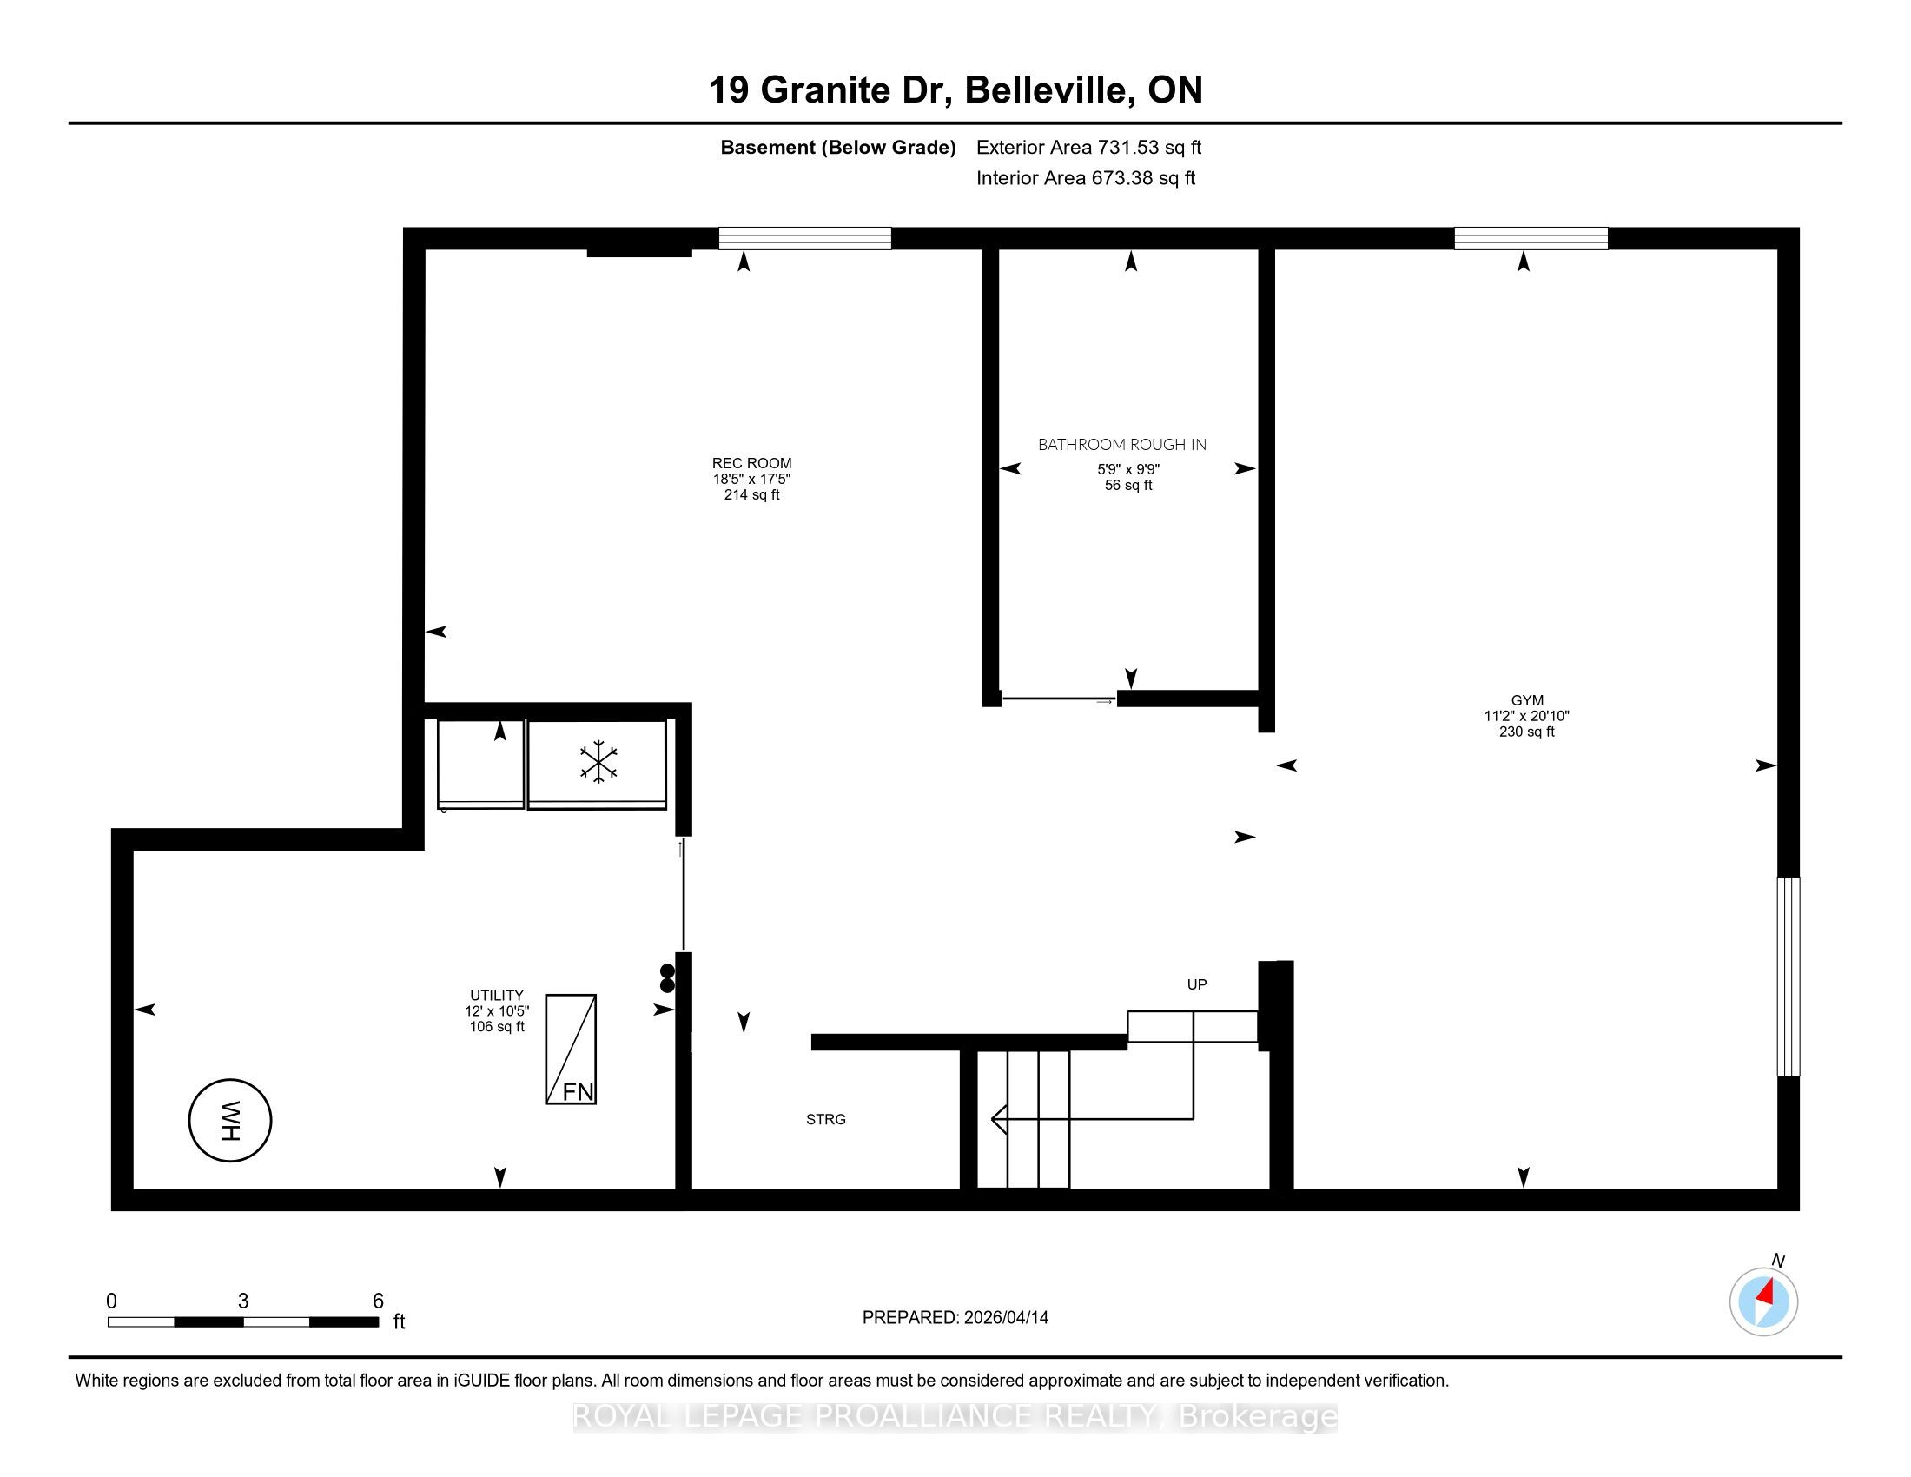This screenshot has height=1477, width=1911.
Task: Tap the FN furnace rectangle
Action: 571,1050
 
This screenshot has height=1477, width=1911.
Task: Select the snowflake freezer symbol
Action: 598,761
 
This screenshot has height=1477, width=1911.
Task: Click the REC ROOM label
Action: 751,463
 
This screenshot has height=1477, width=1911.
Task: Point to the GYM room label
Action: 1527,700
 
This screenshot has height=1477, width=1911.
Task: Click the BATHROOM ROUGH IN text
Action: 1121,445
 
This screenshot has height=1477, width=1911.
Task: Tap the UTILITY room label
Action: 497,995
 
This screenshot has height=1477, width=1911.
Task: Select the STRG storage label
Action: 826,1119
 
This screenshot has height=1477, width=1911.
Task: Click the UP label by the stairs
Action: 1197,984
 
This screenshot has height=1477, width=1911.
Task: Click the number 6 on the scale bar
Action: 378,1301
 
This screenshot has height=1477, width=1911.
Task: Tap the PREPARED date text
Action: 955,1318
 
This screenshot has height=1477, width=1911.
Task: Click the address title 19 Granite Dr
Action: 830,90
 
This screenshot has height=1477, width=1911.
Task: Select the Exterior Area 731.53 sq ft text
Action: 1088,147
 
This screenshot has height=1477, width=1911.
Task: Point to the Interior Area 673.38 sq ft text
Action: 1086,178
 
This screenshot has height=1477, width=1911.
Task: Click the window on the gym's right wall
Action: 1789,977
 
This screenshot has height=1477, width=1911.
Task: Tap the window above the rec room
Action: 805,238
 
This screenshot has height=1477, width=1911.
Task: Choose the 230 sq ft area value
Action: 1527,732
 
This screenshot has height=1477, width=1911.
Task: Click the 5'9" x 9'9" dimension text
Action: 1128,469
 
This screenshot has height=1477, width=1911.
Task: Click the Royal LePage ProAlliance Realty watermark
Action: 955,1416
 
